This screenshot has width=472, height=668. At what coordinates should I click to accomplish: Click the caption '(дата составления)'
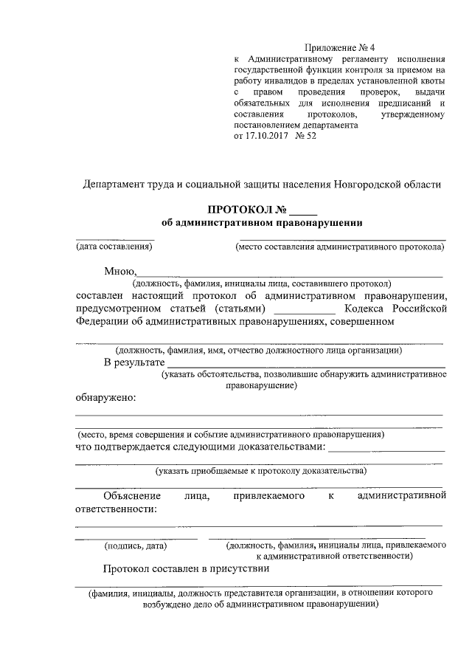click(x=115, y=247)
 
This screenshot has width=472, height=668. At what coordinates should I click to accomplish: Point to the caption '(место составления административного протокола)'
click(x=340, y=247)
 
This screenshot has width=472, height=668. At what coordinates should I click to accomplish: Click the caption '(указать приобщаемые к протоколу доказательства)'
click(x=260, y=470)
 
